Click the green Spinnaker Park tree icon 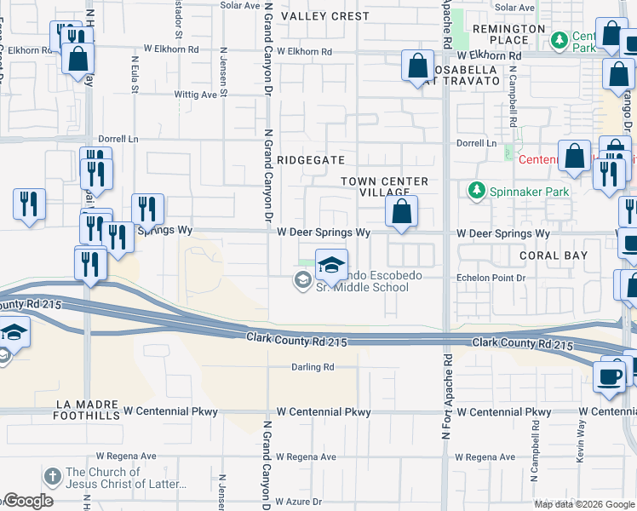click(476, 191)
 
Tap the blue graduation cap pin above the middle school click(332, 265)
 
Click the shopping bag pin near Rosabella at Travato click(417, 66)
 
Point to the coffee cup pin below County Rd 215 click(610, 376)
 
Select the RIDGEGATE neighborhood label click(311, 159)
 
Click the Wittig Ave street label click(196, 95)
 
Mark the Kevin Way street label click(580, 445)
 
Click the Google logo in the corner click(27, 501)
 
